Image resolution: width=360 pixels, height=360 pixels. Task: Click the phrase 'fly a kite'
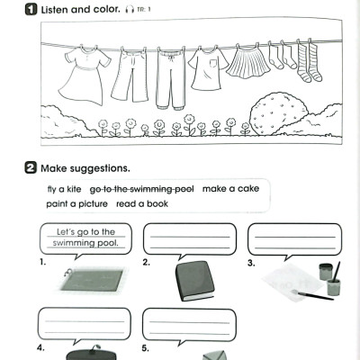pyautogui.click(x=62, y=189)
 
